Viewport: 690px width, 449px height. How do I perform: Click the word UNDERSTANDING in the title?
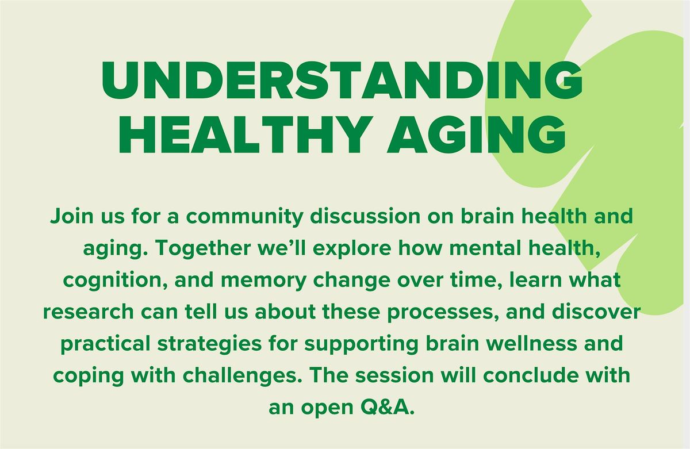pos(342,80)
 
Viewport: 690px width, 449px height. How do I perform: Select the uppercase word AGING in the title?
pos(476,135)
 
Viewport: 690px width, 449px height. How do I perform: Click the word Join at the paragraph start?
pos(72,216)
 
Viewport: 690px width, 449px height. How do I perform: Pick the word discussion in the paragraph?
pos(365,216)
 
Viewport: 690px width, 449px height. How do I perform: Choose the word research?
pos(89,312)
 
